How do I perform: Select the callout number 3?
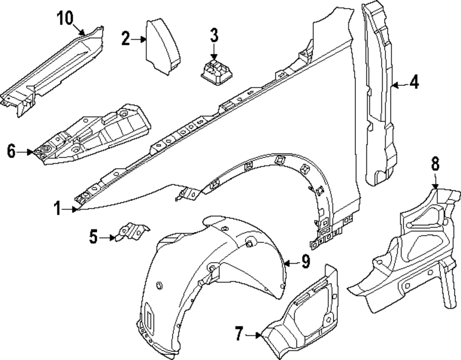point(214,35)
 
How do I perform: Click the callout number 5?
point(94,237)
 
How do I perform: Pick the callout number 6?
point(12,151)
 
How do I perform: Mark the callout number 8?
point(435,163)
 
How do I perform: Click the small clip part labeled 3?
point(215,72)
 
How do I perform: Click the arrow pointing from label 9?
point(290,263)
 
